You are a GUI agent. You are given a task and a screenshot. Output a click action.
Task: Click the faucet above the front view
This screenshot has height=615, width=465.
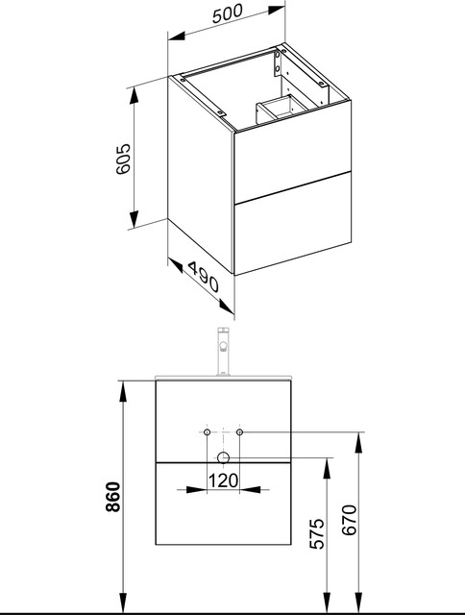pos(223,352)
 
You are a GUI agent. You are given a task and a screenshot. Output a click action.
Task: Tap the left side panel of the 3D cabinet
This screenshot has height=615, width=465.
pos(201,168)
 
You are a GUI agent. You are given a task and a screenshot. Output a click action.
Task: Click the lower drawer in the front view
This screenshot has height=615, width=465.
pos(223,509)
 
